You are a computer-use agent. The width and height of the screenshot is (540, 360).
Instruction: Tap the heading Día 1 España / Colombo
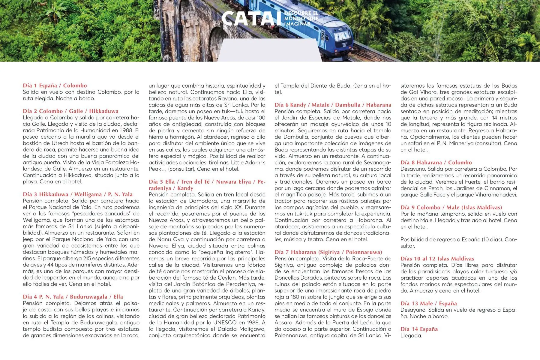click(x=55, y=85)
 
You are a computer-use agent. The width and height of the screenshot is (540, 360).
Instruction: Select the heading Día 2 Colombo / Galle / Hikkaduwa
click(x=70, y=111)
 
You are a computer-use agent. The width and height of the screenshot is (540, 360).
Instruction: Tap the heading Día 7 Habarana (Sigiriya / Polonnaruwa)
click(x=328, y=252)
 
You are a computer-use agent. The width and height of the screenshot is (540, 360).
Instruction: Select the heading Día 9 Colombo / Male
click(x=451, y=207)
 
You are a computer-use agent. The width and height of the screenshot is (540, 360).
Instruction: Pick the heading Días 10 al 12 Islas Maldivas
click(x=437, y=259)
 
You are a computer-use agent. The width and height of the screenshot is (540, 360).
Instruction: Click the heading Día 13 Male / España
click(x=429, y=303)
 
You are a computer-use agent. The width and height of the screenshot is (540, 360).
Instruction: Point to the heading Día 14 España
click(x=419, y=329)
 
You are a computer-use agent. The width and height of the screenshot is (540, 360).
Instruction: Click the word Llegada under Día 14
click(x=411, y=335)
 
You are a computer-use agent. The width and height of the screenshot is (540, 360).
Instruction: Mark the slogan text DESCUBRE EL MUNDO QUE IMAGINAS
click(x=301, y=18)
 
